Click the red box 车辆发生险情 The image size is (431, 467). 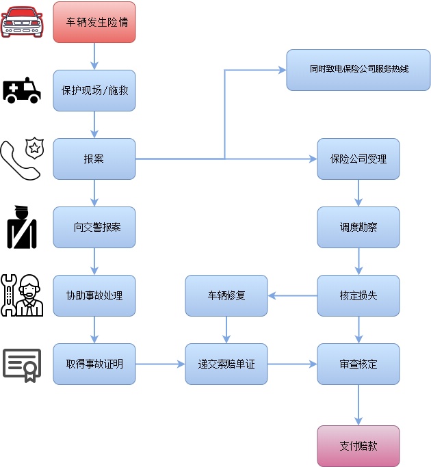[94, 23]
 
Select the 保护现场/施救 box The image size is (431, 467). [94, 90]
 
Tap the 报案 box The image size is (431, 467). [94, 159]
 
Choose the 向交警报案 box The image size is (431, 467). [94, 227]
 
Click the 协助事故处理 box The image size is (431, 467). [94, 295]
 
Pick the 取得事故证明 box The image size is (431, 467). [94, 364]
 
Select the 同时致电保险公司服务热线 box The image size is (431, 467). [358, 70]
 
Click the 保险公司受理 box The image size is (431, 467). [358, 159]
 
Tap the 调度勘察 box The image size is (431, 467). [358, 227]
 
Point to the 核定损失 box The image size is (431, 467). [358, 295]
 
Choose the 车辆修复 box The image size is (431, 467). [226, 295]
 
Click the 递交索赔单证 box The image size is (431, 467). [226, 364]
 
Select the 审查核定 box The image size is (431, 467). [358, 364]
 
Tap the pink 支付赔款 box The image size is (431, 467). [358, 446]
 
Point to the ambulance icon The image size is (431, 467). [22, 90]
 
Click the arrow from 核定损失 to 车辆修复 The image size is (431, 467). [292, 295]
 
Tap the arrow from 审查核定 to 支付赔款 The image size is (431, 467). [358, 405]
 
